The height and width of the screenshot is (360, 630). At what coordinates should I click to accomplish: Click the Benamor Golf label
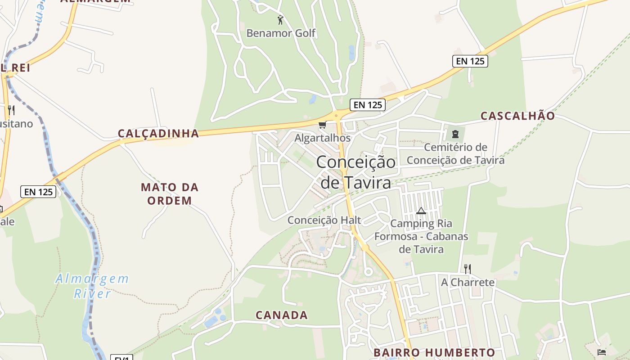coord(281,33)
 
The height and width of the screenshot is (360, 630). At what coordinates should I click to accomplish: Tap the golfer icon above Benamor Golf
coord(280,20)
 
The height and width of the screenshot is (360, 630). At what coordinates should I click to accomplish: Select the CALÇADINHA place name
coord(158,133)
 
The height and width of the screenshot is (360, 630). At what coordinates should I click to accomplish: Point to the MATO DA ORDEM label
coord(170,193)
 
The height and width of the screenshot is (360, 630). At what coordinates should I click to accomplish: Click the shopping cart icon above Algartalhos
coord(322,125)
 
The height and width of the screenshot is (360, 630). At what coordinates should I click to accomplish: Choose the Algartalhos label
coord(322,138)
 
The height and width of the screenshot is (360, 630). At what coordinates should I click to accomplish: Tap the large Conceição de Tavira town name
coord(355,172)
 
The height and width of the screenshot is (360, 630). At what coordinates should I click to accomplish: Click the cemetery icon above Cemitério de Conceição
coord(455,134)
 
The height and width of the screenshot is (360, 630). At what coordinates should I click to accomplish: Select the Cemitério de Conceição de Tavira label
coord(455,153)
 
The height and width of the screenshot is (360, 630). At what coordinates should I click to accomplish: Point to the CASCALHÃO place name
coord(517,116)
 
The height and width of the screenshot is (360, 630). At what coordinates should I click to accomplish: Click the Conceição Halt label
coord(324,220)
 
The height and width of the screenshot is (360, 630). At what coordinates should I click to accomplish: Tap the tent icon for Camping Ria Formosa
coord(421,211)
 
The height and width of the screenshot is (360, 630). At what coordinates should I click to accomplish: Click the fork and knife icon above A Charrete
coord(468,269)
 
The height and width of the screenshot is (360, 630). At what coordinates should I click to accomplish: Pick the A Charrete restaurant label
coord(468,283)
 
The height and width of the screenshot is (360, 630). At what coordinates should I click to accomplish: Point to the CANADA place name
coord(282,315)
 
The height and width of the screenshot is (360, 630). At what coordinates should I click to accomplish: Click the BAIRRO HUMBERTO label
coord(434,352)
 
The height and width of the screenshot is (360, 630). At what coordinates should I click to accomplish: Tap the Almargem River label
coord(92,286)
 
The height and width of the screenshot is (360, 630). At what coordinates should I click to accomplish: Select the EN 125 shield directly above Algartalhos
coord(368,105)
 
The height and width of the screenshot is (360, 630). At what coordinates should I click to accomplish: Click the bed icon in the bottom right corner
coord(601,352)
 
